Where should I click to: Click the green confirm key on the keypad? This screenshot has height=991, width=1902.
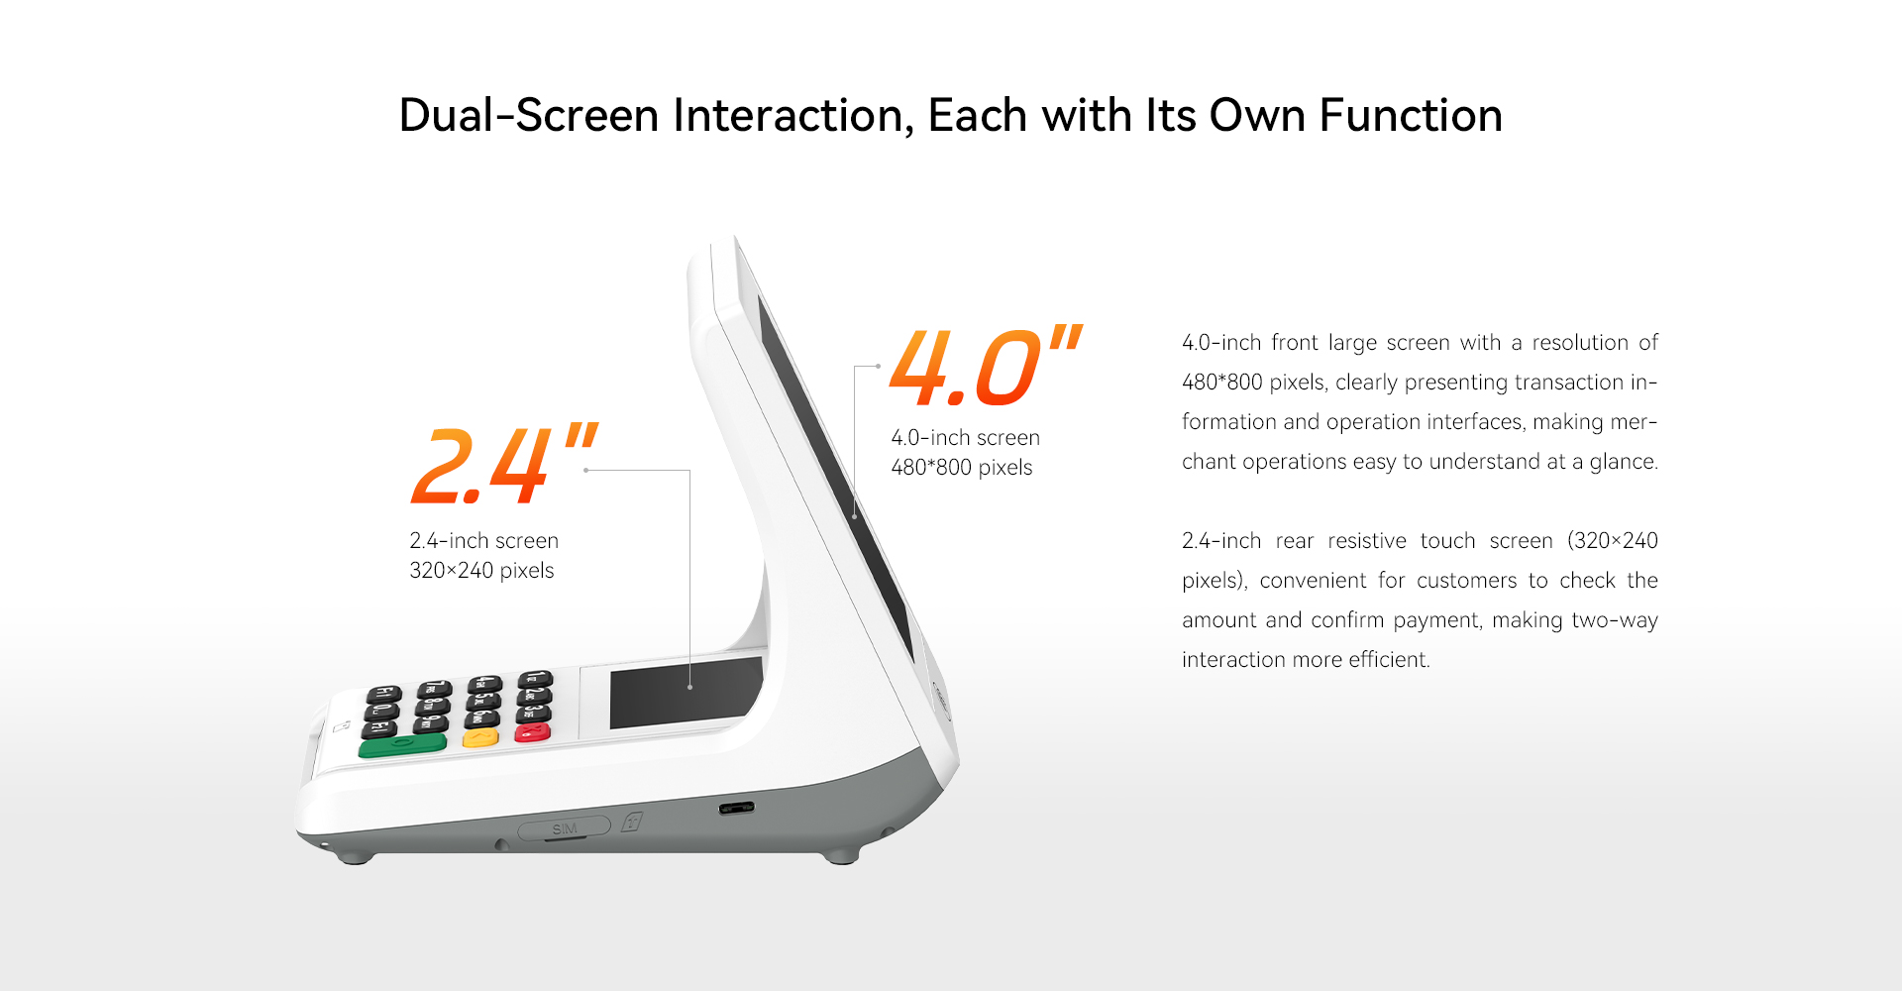[402, 745]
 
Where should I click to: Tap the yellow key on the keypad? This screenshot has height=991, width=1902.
[481, 738]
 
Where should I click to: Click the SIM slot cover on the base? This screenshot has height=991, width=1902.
[564, 827]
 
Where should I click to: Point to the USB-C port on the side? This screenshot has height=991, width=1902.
[736, 808]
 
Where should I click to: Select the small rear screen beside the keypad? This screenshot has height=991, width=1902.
[686, 692]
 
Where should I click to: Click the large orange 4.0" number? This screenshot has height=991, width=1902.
[986, 366]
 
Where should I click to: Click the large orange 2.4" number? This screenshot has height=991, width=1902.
[504, 464]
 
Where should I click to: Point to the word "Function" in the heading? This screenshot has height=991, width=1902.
[1411, 115]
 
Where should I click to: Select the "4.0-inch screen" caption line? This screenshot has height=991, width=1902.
[965, 438]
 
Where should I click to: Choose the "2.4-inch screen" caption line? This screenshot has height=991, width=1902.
[483, 541]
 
